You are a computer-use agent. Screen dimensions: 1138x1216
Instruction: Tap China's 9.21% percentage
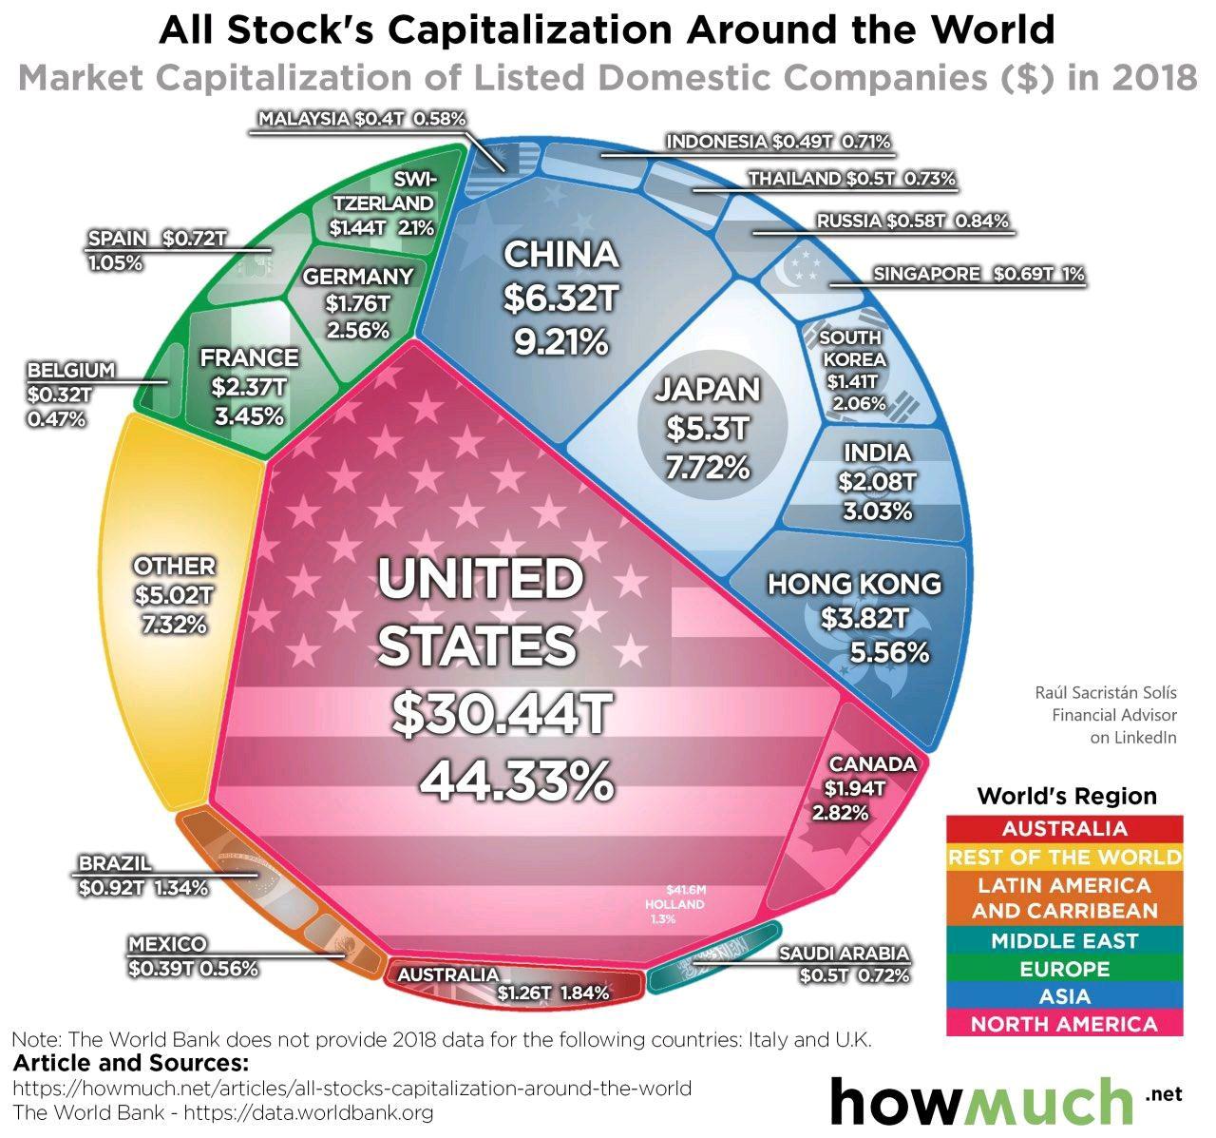point(561,340)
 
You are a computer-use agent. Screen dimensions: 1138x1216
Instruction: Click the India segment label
point(876,453)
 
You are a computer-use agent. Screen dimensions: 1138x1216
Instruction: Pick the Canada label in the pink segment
point(872,764)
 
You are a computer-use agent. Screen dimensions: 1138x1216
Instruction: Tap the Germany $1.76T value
point(357,303)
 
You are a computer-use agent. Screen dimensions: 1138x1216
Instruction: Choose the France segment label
point(249,357)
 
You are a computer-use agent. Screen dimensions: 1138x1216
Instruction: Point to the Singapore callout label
point(926,274)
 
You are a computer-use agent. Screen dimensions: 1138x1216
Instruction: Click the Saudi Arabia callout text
point(844,954)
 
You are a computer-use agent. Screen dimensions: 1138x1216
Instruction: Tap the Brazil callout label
point(115,864)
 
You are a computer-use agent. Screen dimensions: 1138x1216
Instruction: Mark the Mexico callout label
point(167,944)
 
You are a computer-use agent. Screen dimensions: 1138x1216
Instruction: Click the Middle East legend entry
point(1064,941)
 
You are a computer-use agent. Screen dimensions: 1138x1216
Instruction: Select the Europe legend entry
point(1064,969)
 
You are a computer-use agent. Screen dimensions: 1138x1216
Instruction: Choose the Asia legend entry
point(1064,996)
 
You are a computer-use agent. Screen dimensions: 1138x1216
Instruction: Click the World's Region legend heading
point(1066,796)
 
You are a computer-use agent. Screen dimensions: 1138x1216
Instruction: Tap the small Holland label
point(674,904)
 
